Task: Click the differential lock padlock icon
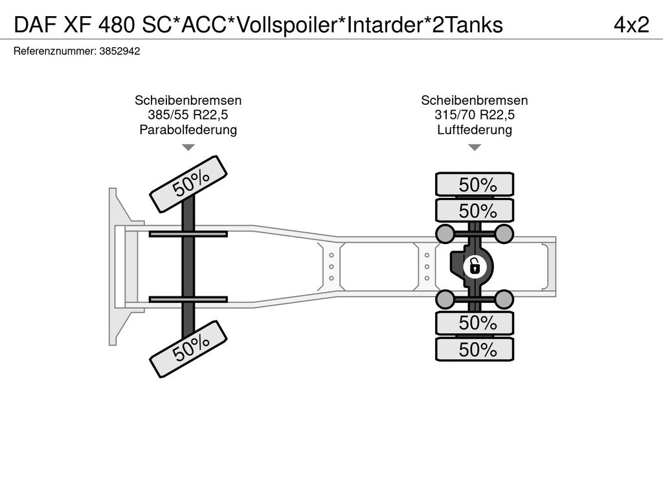474,265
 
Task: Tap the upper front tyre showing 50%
189,183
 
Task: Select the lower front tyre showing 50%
189,349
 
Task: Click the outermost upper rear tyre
475,184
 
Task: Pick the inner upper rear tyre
475,210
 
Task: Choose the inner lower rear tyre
475,323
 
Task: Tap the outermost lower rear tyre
475,349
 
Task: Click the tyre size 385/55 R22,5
188,115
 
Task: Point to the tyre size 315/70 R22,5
475,115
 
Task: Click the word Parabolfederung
188,130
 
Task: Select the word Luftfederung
475,130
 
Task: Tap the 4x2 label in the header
631,25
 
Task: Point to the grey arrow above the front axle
188,148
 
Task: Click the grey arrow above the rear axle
475,148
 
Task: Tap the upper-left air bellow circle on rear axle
445,232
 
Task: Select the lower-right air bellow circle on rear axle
504,298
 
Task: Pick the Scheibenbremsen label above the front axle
188,100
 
